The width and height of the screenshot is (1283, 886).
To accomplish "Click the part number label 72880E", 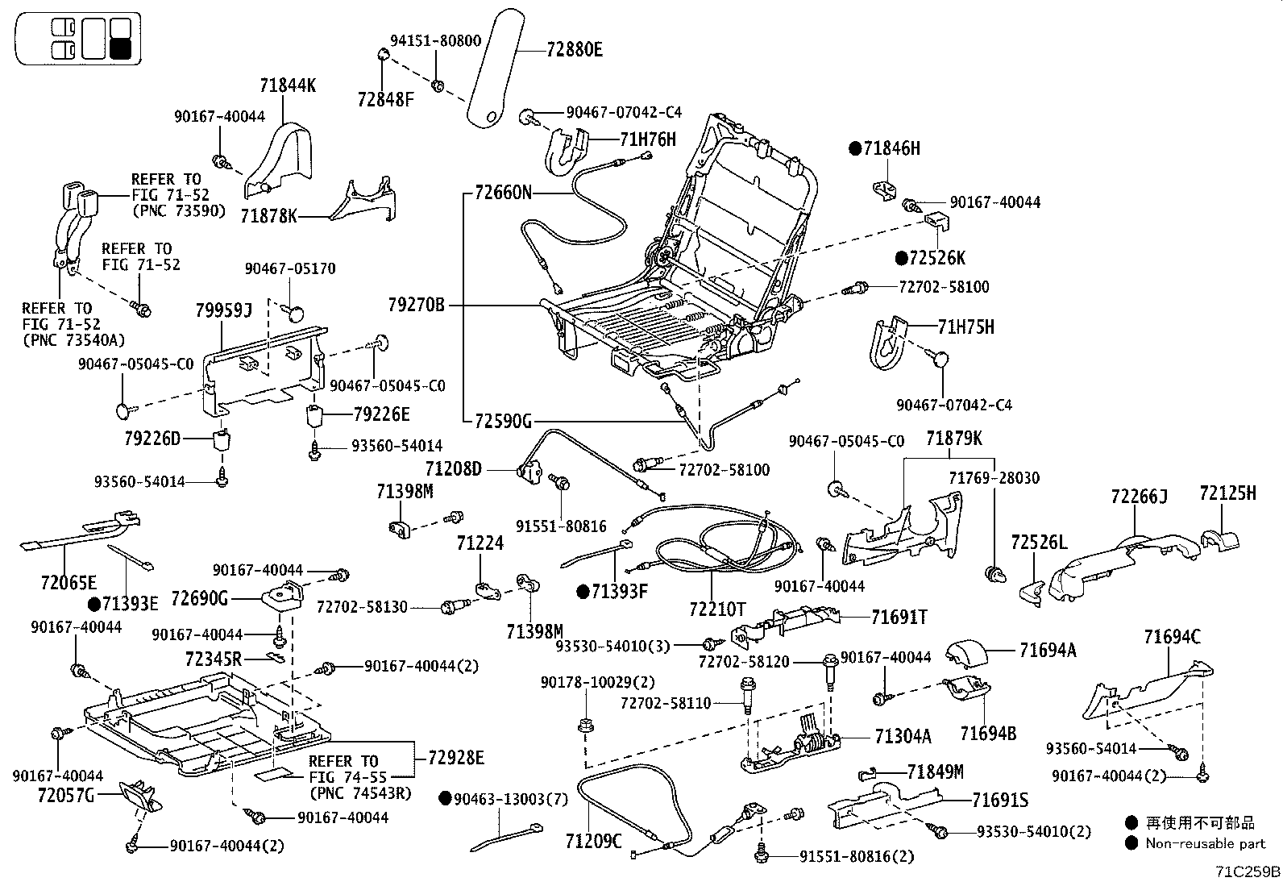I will [x=574, y=50].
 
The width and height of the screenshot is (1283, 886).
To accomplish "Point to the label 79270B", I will [x=416, y=305].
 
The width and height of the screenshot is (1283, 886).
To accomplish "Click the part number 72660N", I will [x=503, y=193].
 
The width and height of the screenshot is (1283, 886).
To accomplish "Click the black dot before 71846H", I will [x=855, y=148].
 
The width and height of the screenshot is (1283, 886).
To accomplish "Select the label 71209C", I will [x=594, y=842].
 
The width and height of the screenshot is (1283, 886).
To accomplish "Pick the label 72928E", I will [x=456, y=758].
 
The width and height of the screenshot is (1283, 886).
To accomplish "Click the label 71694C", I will [x=1172, y=638].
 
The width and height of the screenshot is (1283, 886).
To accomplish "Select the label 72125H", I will [x=1227, y=493].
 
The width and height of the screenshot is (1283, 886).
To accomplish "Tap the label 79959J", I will [x=224, y=310].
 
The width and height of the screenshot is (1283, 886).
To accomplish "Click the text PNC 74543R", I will [x=360, y=792].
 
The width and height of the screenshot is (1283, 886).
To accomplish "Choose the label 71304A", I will [x=903, y=736].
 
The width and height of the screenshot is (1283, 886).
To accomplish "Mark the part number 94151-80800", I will [x=436, y=40].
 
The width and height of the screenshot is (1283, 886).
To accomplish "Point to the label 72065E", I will [x=69, y=581].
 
